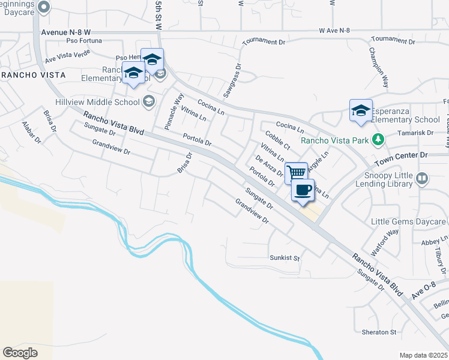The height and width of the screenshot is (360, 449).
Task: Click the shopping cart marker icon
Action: tap(296, 173)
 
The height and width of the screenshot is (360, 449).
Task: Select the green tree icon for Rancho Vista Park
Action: tap(378, 140)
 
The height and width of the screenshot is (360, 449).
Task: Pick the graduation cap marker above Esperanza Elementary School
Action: tap(361, 110)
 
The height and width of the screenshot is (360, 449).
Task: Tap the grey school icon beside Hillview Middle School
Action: tap(149, 102)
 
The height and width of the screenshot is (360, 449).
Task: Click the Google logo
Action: tap(20, 353)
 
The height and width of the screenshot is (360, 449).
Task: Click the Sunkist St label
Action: tap(284, 257)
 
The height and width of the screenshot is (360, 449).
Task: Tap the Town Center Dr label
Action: tap(401, 155)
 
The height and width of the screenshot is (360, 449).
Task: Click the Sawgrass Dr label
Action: tap(231, 80)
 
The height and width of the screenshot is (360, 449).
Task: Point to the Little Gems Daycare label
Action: tap(409, 222)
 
